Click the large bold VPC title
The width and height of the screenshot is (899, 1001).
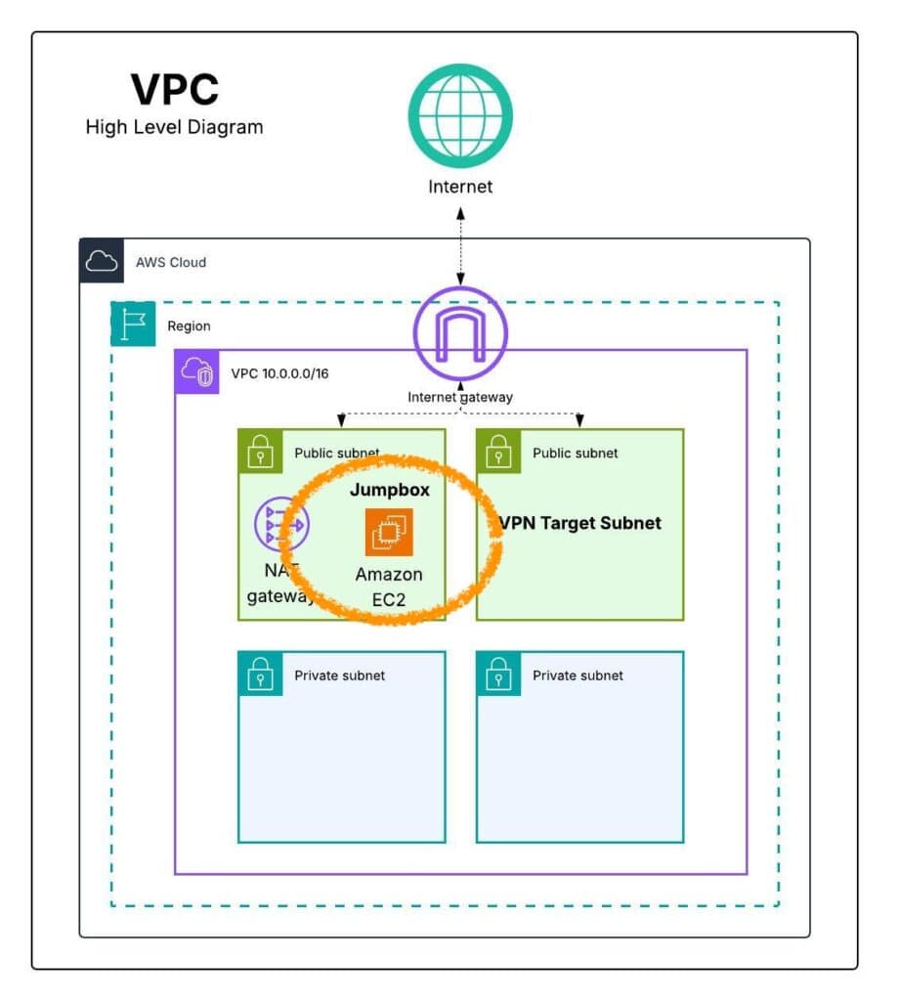click(176, 89)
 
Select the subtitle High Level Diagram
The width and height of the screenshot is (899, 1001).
click(174, 127)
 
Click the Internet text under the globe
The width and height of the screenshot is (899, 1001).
click(460, 186)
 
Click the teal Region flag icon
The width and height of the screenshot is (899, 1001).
click(133, 325)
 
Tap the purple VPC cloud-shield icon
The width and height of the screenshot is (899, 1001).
click(196, 371)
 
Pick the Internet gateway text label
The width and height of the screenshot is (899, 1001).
click(460, 397)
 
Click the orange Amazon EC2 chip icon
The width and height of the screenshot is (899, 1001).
click(389, 533)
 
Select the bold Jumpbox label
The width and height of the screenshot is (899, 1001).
click(389, 490)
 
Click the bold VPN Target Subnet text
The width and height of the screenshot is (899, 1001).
click(579, 523)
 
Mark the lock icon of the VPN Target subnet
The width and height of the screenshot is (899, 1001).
click(499, 452)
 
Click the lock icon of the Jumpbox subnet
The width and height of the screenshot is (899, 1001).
click(261, 452)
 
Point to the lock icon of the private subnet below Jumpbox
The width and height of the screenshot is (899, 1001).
click(261, 675)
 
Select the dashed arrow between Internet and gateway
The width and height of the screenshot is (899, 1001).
click(460, 248)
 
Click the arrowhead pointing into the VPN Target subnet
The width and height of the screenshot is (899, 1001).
click(579, 421)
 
